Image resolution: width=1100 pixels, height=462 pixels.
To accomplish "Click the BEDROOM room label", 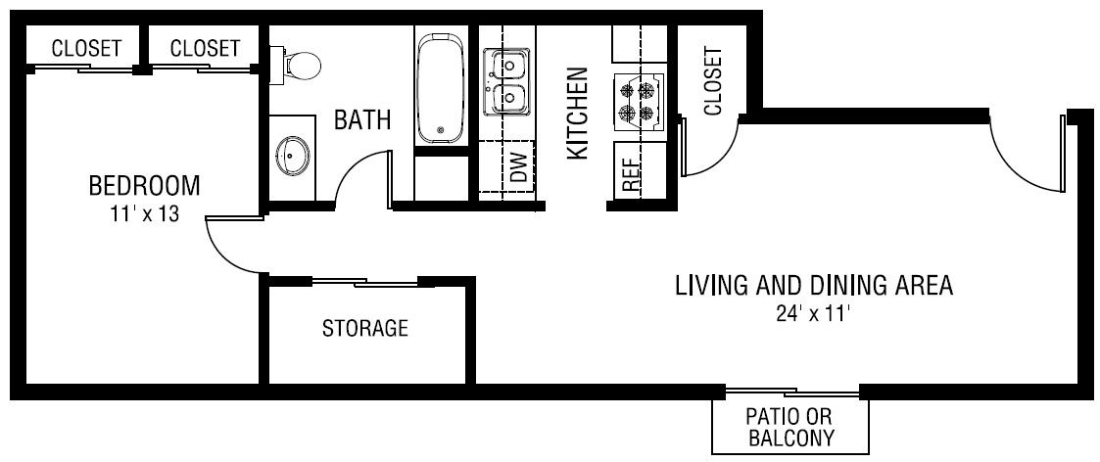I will coord(144,185).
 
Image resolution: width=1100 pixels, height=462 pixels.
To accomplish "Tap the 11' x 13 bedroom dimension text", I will coord(144,213).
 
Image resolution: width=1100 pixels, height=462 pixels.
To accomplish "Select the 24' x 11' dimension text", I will coord(813,314).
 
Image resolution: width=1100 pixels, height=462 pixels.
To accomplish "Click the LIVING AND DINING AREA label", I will coord(813,286).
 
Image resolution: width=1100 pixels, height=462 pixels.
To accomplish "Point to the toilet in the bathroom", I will coord(300,66).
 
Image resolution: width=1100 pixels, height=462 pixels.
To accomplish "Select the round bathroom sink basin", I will coord(293,155).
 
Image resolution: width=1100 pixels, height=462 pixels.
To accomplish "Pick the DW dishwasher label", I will coord(519,169).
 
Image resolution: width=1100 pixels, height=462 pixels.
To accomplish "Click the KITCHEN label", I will coord(578,114).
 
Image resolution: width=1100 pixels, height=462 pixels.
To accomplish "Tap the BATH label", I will coord(362,120).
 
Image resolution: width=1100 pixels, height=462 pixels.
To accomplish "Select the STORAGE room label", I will coord(365,328).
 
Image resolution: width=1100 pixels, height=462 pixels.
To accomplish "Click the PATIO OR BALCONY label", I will coord(790,428).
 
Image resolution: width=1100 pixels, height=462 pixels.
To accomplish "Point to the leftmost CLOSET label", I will coord(86,48).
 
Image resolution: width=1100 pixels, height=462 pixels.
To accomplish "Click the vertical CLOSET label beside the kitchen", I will coord(712,81).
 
